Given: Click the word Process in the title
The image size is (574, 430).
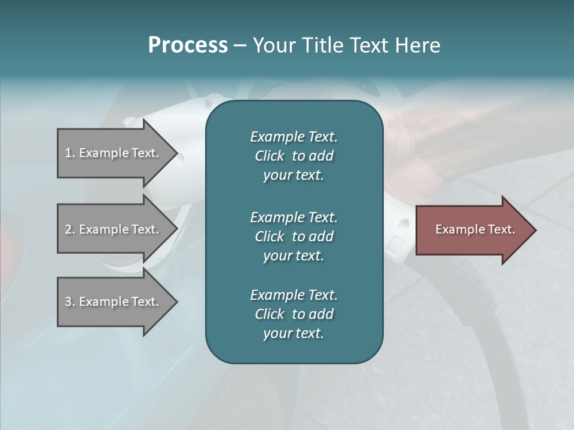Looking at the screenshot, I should [x=188, y=45].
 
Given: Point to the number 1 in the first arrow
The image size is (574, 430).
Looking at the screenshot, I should [x=68, y=153].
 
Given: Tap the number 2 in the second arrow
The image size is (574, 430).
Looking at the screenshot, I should [x=68, y=229].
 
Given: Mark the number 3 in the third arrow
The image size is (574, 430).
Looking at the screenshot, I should [x=68, y=302].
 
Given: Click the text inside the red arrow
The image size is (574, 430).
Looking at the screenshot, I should [x=475, y=229].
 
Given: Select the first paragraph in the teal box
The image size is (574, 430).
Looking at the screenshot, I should [x=294, y=156].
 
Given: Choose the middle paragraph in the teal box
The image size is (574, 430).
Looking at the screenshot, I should [x=294, y=236].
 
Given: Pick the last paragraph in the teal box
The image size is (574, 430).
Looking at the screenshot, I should [x=294, y=314].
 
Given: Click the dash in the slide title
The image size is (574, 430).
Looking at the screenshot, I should [x=240, y=45].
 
